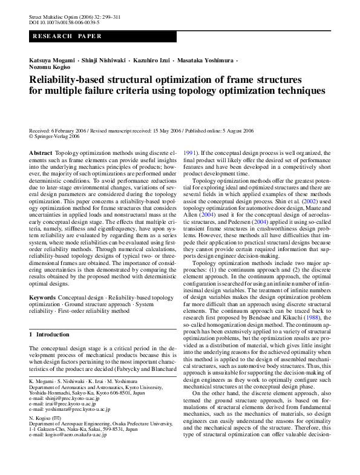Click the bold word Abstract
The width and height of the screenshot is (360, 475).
coord(41,154)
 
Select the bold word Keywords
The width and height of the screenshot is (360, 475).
coord(42,298)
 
